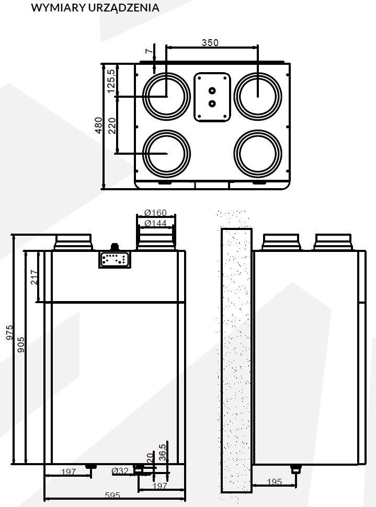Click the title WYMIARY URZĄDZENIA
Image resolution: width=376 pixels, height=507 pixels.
point(95,8)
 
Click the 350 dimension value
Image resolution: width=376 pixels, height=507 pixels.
point(210,42)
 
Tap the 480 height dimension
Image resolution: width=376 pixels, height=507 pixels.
point(98,125)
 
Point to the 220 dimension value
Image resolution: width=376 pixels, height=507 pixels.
point(111,125)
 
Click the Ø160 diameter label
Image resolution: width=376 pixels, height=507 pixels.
point(155,213)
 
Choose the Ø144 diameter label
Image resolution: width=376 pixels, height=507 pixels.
point(155,223)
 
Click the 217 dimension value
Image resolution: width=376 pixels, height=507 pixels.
point(35,276)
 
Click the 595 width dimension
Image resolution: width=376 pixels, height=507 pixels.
point(112,495)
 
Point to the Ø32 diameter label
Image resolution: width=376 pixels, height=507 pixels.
point(120,471)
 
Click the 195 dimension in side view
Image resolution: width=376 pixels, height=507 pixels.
point(274,481)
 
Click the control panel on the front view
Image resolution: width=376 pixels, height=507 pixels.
point(113,259)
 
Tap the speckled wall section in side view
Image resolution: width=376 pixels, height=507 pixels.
point(236,361)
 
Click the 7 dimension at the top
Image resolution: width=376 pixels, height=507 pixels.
point(149,51)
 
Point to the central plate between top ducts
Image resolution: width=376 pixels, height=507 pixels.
point(212,96)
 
